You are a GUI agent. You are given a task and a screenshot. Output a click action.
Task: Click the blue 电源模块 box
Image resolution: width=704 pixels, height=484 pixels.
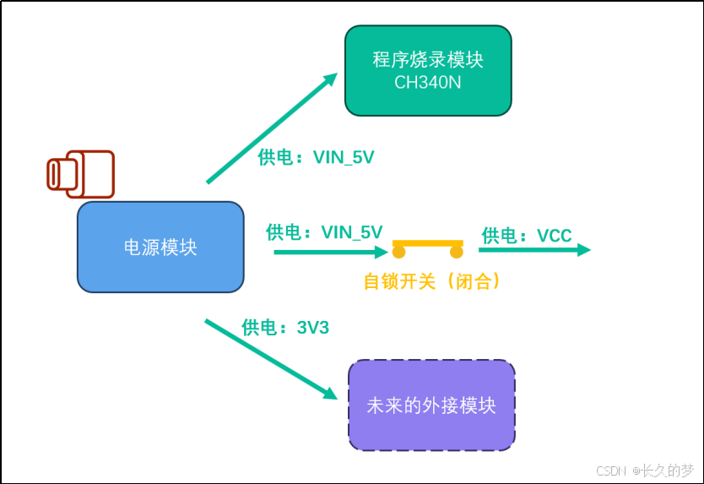pyautogui.click(x=160, y=247)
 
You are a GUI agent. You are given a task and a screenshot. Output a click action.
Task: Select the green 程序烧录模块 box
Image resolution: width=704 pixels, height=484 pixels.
pyautogui.click(x=428, y=71)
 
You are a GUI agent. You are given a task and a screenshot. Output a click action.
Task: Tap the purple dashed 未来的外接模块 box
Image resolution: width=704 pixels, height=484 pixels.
pyautogui.click(x=431, y=405)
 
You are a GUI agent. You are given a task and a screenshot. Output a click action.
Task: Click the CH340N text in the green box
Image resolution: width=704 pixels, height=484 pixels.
pyautogui.click(x=427, y=83)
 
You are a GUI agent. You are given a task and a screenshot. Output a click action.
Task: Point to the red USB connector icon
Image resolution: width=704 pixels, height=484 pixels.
pyautogui.click(x=81, y=174)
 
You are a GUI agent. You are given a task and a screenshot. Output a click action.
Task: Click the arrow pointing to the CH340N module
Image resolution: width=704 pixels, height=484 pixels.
pyautogui.click(x=272, y=128)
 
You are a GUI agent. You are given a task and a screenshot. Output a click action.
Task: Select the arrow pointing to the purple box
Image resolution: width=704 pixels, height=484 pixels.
pyautogui.click(x=271, y=359)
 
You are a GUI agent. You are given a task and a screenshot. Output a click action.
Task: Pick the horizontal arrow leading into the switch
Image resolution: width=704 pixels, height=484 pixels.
pyautogui.click(x=331, y=252)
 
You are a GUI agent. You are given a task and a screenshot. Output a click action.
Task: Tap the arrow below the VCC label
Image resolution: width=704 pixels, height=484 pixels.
pyautogui.click(x=534, y=250)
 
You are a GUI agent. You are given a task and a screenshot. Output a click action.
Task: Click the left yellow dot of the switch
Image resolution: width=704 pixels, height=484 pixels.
pyautogui.click(x=398, y=252)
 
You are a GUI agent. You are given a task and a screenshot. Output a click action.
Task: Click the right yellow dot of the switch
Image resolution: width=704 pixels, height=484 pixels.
pyautogui.click(x=456, y=252)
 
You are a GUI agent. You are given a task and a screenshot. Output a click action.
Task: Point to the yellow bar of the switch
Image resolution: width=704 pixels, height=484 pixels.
pyautogui.click(x=427, y=243)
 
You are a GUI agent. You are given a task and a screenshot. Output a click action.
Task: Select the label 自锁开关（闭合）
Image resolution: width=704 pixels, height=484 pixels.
pyautogui.click(x=432, y=282)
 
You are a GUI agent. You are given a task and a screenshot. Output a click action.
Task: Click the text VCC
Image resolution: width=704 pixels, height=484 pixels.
pyautogui.click(x=555, y=236)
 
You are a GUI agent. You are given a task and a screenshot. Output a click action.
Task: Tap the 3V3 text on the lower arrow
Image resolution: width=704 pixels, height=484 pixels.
pyautogui.click(x=313, y=328)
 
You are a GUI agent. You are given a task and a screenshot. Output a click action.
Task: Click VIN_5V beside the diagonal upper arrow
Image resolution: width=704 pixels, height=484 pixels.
pyautogui.click(x=344, y=157)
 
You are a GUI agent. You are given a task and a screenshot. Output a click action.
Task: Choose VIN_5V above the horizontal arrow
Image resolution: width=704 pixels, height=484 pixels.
pyautogui.click(x=352, y=232)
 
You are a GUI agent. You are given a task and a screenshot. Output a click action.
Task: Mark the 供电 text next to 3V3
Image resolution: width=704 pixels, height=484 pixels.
pyautogui.click(x=259, y=328)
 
